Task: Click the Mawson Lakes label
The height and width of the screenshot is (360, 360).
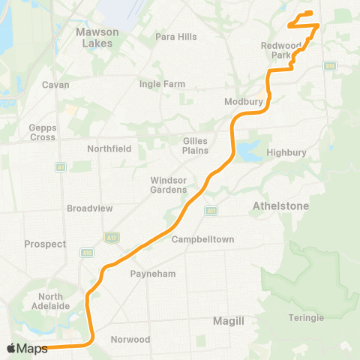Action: [94, 37]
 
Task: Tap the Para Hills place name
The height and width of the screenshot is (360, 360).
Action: [175, 37]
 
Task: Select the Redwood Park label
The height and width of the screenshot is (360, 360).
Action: [280, 50]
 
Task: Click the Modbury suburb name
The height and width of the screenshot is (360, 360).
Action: [242, 101]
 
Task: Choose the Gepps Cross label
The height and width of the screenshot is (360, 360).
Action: [42, 132]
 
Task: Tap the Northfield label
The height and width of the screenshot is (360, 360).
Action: [109, 148]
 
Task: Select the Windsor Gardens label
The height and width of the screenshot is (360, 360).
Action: [168, 184]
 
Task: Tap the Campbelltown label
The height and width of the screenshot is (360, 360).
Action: [203, 240]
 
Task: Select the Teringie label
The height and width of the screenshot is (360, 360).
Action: [306, 318]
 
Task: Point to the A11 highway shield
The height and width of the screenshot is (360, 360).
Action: [211, 211]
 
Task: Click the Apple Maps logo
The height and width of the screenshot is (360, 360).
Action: [27, 349]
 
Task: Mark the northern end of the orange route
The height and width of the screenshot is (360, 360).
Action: [310, 13]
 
